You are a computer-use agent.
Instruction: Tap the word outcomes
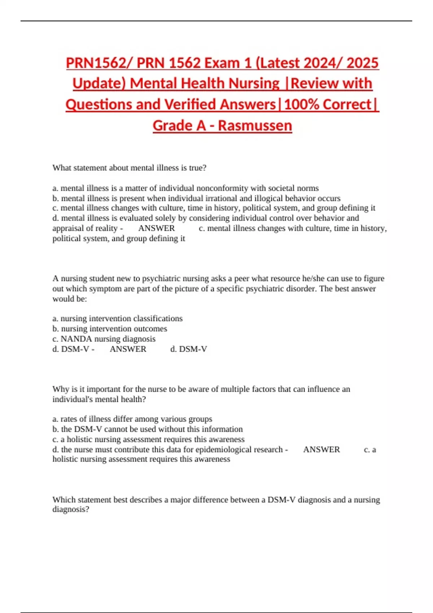(x=150, y=328)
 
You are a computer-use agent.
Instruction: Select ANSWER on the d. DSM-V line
(x=128, y=349)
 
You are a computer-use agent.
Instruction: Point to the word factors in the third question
(x=264, y=389)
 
